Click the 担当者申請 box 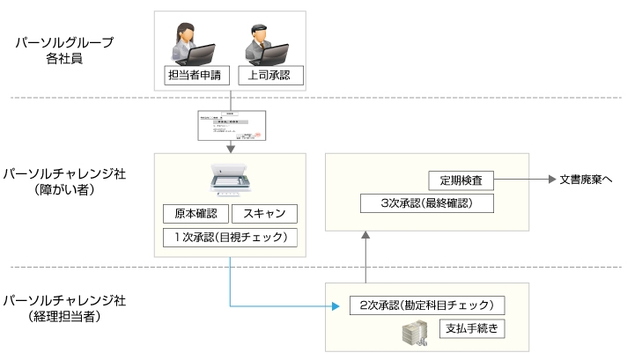coord(196,76)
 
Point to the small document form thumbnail coord(230,125)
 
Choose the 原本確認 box coord(196,214)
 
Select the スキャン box coord(265,214)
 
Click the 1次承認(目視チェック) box coord(230,237)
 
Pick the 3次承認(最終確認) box coord(426,203)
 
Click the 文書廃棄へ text coord(586,180)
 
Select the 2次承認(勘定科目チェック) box coord(426,305)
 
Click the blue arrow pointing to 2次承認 coord(282,305)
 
